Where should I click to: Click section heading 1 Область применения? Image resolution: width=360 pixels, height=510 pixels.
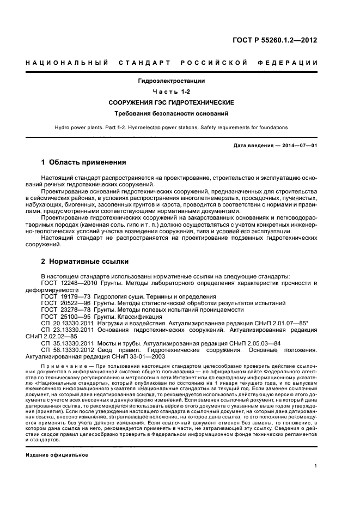(x=84, y=162)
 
